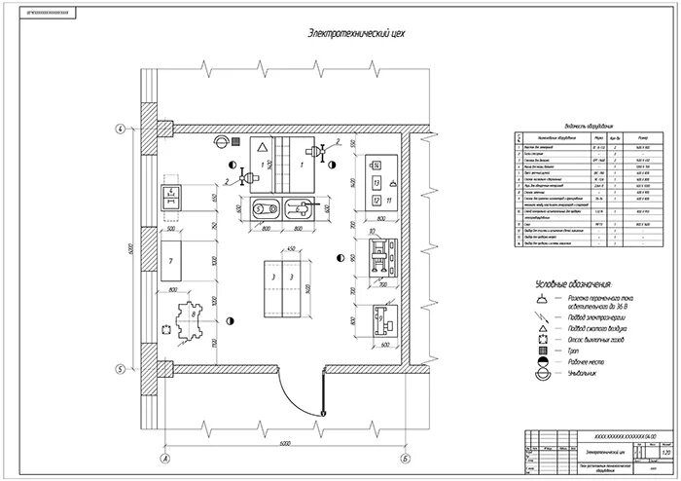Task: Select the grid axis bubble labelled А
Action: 165,457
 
